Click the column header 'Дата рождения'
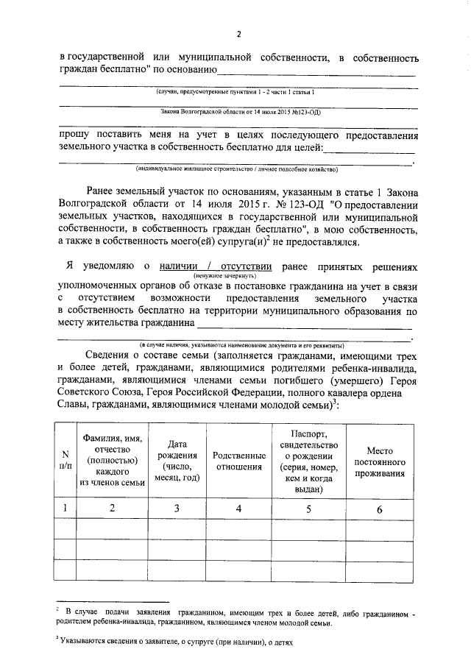(x=177, y=461)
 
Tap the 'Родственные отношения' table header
(x=238, y=461)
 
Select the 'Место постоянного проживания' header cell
(x=380, y=461)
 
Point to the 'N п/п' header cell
(x=65, y=461)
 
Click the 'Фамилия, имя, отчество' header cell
(x=113, y=460)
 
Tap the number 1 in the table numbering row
(x=65, y=508)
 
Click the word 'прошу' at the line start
(x=73, y=135)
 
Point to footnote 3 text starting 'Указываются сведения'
(x=177, y=642)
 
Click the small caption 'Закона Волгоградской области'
(x=238, y=113)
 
